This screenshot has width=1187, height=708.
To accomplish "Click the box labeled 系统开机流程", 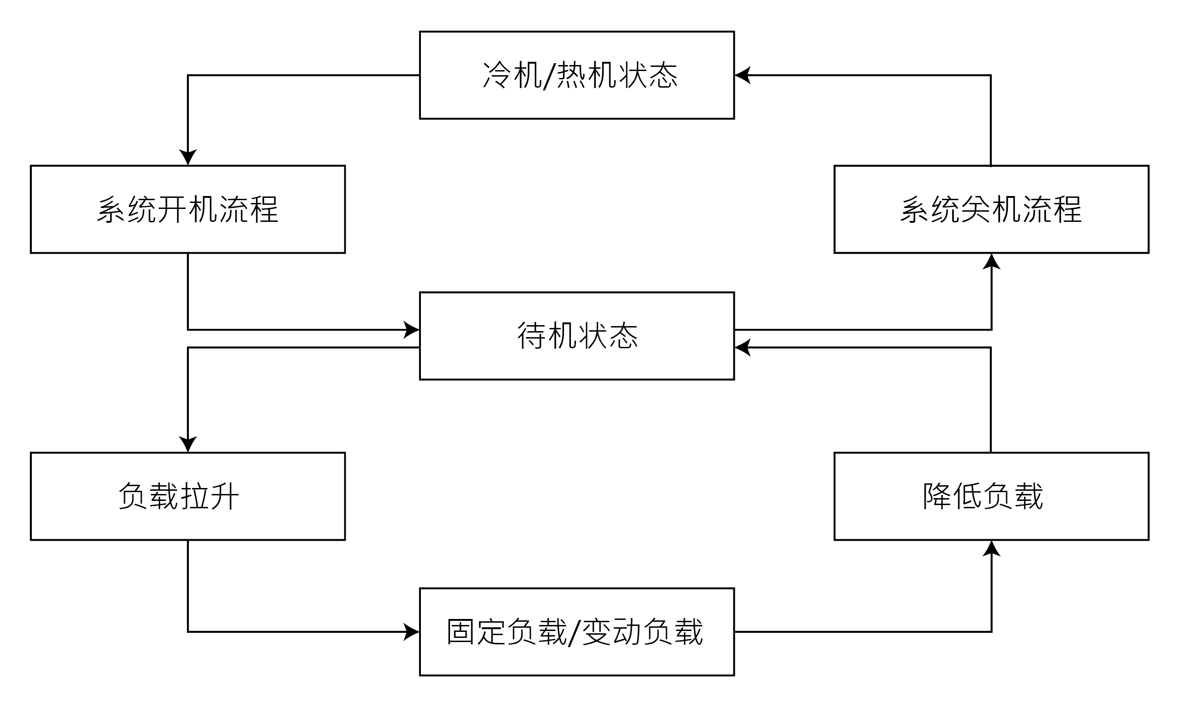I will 187,209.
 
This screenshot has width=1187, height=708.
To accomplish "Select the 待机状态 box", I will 576,336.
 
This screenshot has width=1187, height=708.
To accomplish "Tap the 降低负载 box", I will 991,496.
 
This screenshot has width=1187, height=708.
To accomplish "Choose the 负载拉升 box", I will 187,496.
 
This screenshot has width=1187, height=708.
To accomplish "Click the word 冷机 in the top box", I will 512,75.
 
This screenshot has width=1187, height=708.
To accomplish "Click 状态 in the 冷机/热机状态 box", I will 647,75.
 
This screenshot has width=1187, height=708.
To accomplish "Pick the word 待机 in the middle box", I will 547,336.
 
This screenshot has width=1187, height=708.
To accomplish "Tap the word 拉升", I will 209,497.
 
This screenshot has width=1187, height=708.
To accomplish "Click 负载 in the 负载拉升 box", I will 148,497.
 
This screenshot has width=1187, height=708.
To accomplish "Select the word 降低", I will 952,497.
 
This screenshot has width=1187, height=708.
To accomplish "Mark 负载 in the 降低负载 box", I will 1013,497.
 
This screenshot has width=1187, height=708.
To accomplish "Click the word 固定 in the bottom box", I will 476,632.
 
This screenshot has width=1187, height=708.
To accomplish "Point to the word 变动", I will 612,632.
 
